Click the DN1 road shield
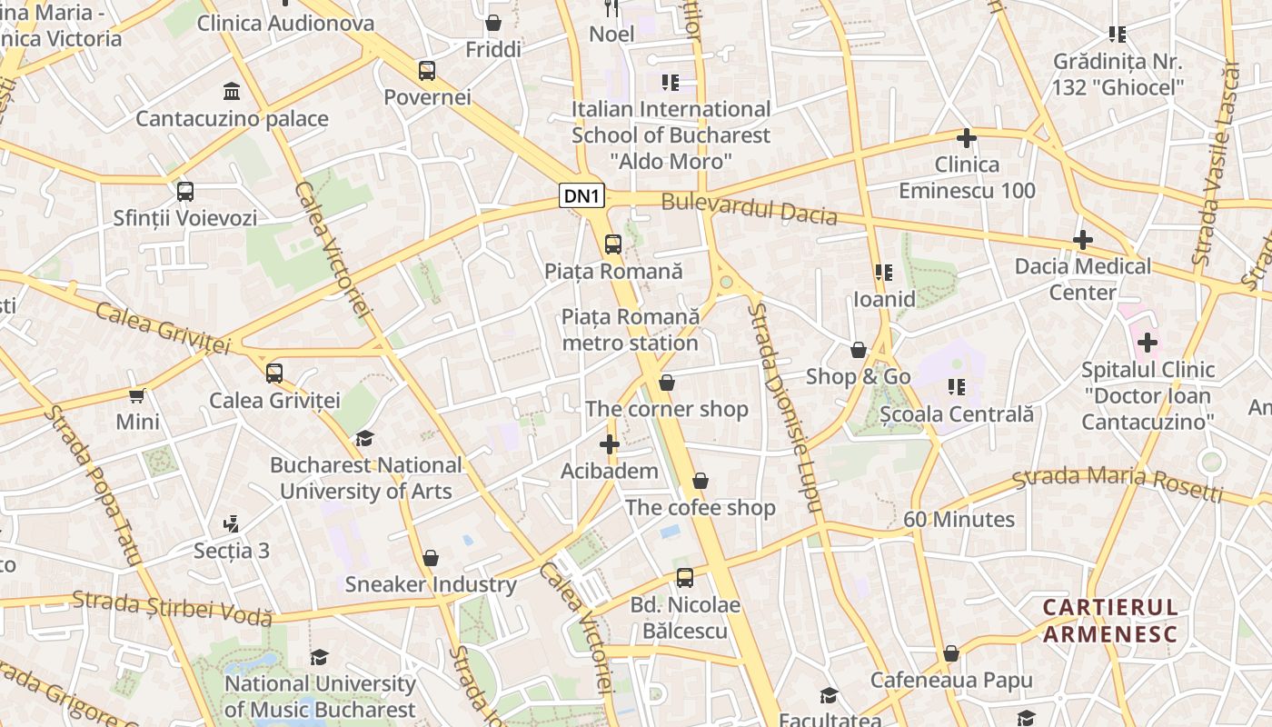pos(581,195)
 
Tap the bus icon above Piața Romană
pos(613,244)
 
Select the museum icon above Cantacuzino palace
pos(232,92)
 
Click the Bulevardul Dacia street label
pos(749,209)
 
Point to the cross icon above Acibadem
pos(610,444)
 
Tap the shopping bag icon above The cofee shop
pos(700,481)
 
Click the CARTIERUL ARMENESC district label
pos(1109,621)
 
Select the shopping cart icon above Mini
pos(137,395)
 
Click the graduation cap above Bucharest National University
pos(364,439)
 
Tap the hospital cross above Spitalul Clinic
pos(1148,343)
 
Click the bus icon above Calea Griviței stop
pos(274,373)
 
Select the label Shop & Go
pos(858,376)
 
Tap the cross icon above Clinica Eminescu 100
pos(967,138)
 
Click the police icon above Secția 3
pos(232,523)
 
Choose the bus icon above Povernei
pos(427,70)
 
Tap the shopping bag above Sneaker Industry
pos(431,557)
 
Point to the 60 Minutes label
pos(959,519)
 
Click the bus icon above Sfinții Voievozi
pos(185,192)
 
